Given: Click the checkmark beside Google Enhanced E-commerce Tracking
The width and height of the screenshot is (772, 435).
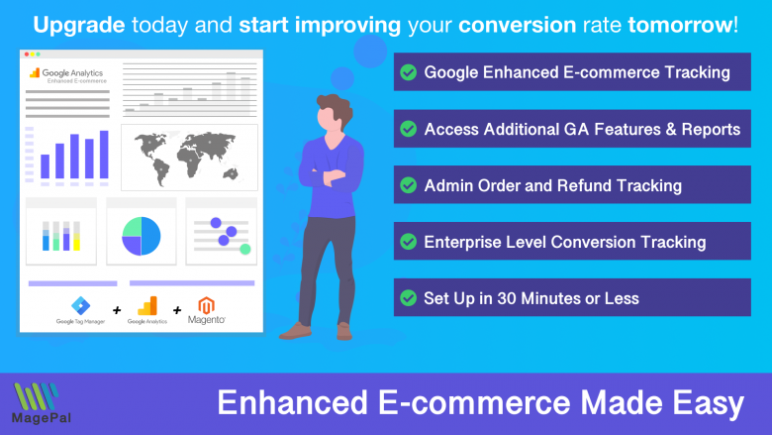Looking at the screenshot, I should [407, 72].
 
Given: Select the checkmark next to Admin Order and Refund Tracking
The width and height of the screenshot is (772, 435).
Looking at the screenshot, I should [407, 185].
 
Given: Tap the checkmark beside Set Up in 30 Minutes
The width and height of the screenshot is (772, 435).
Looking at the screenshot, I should [407, 297].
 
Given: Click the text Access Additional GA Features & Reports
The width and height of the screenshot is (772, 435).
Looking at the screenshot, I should [582, 129].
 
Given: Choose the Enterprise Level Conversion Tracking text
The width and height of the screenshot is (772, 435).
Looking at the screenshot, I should [564, 242].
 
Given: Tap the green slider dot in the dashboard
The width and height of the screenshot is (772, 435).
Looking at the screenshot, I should [245, 248].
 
